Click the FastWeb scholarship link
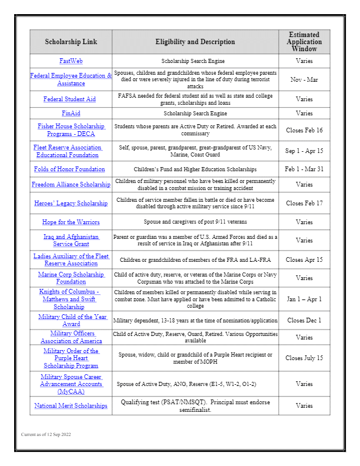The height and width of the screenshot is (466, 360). coord(71,61)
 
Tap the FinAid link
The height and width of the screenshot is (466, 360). coord(71,113)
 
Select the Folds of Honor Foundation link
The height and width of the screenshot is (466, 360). coord(70,169)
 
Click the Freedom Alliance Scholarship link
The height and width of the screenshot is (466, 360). coord(71,185)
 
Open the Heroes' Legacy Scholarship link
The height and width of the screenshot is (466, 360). coord(71,204)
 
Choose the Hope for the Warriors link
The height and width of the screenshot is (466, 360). coord(71,222)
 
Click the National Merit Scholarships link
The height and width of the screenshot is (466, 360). coord(71,406)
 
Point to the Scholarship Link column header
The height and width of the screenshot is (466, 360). coord(71,42)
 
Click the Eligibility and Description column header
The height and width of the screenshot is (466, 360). coord(195,42)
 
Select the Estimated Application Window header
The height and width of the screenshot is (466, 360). coord(304,42)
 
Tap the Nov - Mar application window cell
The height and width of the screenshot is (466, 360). coord(304,79)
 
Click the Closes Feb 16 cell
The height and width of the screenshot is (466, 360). coord(304,130)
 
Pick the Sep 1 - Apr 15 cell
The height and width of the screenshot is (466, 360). coord(304,151)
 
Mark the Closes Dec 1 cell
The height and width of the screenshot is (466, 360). coord(304,321)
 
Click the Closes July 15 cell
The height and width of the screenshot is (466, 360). coord(304,358)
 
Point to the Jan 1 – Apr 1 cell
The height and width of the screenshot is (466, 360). coord(304,299)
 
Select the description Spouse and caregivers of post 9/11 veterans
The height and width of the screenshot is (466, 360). coord(195,222)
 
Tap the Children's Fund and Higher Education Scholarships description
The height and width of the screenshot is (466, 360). coord(195,169)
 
